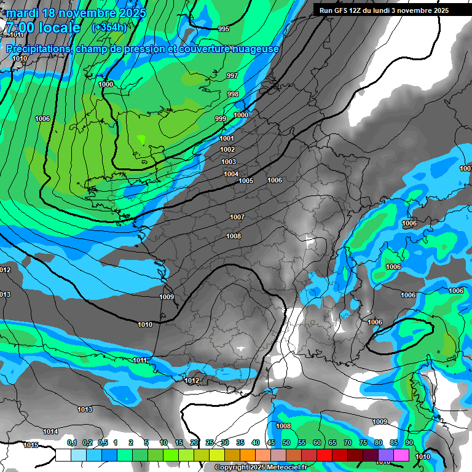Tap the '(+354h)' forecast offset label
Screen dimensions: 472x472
109,27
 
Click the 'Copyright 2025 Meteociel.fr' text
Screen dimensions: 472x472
261,467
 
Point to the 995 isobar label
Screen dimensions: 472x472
224,29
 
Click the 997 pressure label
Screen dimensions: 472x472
232,76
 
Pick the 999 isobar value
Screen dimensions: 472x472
221,119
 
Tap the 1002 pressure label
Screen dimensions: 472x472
227,149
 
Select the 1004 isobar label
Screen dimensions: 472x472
231,174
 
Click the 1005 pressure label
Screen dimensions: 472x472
246,181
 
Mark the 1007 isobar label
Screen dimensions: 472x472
237,217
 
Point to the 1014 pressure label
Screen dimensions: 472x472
50,431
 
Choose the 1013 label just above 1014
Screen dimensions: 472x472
85,409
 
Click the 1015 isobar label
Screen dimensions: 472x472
31,445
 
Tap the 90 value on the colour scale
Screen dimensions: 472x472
409,442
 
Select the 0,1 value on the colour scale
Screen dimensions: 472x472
72,442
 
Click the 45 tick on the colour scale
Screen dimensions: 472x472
270,442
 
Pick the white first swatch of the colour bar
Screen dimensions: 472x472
63,455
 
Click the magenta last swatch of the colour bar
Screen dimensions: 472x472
401,455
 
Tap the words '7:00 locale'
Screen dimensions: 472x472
43,28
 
